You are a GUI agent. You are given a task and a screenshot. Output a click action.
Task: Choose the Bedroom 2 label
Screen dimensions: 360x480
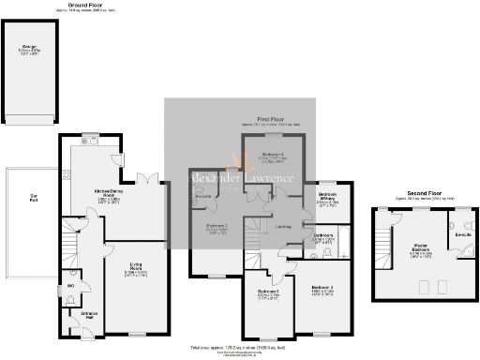coord(217,227)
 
